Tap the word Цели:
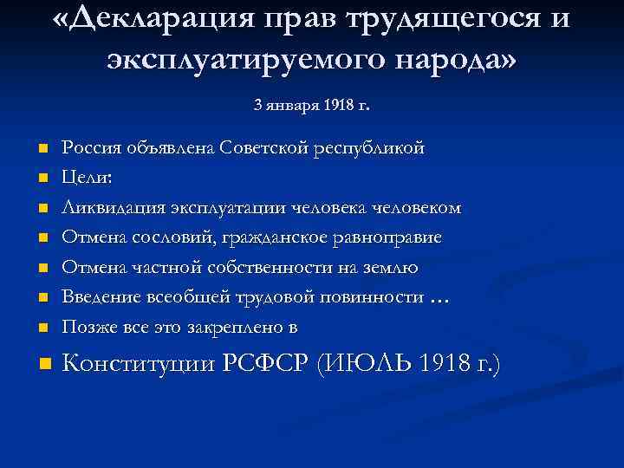coord(88,178)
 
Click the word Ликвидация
coord(109,208)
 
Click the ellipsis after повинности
coord(439,298)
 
